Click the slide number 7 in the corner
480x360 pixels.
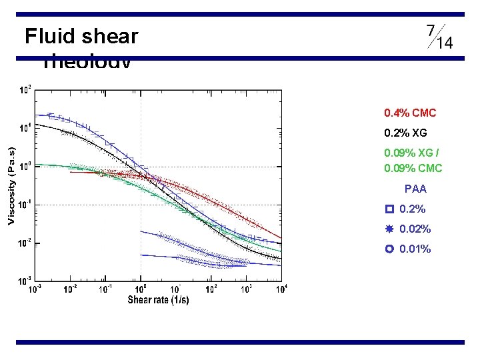coord(431,31)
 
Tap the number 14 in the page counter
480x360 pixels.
coord(445,43)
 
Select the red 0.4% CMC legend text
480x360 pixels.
coord(410,113)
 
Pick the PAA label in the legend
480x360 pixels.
coord(415,189)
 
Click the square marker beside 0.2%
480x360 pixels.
coord(389,209)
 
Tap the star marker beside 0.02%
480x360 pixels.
coord(389,229)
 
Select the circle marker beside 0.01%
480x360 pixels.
coord(389,249)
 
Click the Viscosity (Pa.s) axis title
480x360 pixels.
coord(11,185)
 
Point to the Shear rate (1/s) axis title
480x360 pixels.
coord(158,300)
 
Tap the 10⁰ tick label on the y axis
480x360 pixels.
coord(25,166)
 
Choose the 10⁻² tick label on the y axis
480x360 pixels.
coord(24,243)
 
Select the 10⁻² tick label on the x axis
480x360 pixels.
coord(70,289)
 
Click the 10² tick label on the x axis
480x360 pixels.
coord(211,289)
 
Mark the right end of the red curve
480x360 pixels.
coord(281,238)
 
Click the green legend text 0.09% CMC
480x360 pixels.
coord(413,168)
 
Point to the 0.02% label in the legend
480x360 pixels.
coord(415,229)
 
